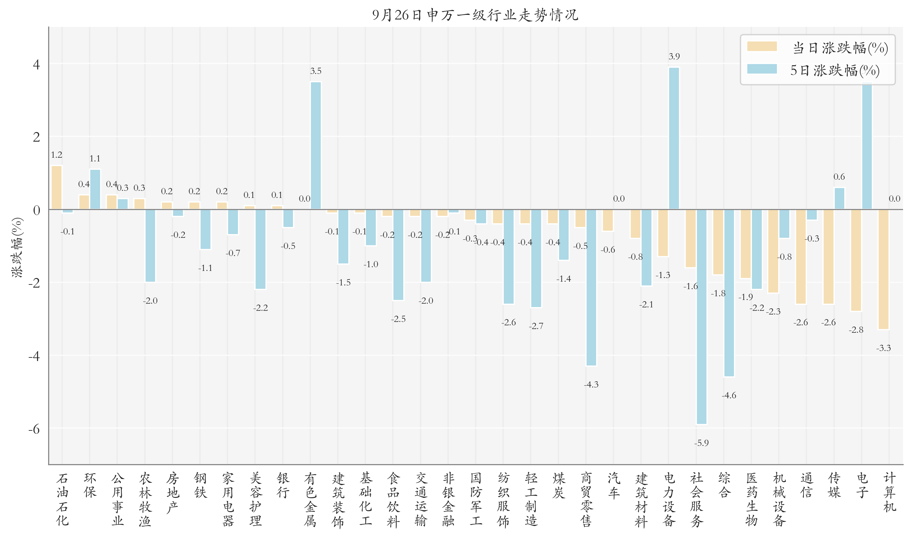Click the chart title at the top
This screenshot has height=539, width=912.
click(475, 15)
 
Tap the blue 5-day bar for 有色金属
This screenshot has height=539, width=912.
click(316, 145)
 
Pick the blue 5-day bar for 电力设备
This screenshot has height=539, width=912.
click(674, 138)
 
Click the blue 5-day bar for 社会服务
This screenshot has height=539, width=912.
click(702, 316)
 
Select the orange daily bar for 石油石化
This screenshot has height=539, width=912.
click(57, 187)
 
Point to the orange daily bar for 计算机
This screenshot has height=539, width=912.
click(883, 269)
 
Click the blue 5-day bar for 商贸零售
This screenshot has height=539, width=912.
click(591, 287)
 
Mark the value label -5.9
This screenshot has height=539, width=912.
click(702, 443)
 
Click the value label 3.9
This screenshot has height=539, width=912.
click(674, 56)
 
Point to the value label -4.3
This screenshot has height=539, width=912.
click(591, 384)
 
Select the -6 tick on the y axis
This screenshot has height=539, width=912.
click(35, 429)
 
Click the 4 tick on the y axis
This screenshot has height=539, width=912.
click(36, 64)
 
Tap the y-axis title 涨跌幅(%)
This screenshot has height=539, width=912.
click(17, 247)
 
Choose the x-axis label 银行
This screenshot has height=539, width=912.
click(283, 485)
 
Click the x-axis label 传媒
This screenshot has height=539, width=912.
click(834, 485)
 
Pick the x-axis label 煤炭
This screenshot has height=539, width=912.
click(559, 485)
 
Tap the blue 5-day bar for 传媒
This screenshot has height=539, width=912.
click(839, 198)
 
